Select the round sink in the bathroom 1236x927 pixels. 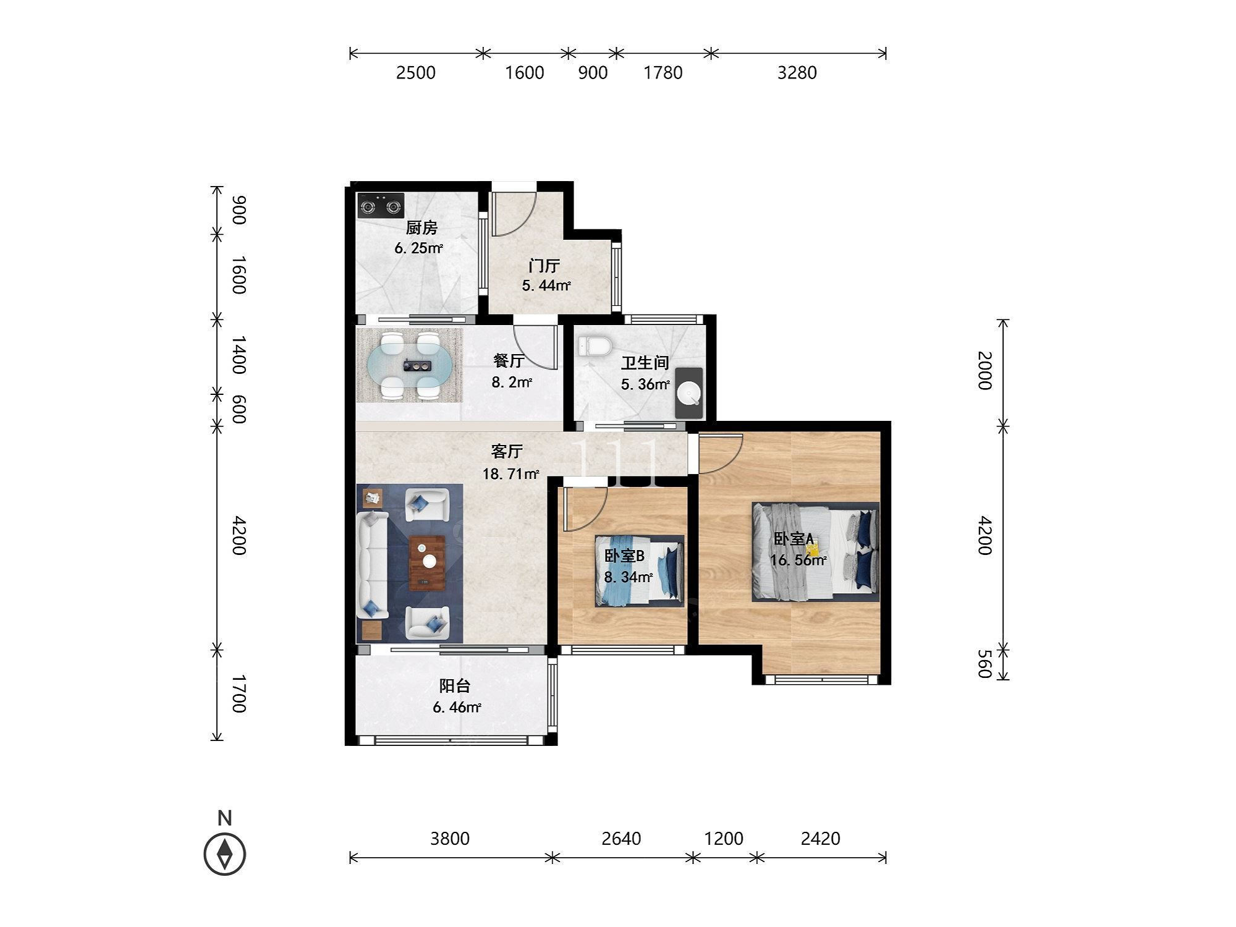(x=689, y=393)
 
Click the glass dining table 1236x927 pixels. (x=409, y=365)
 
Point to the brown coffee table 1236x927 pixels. (x=428, y=563)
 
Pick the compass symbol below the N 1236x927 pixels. (x=225, y=854)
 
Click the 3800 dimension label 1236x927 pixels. (x=450, y=839)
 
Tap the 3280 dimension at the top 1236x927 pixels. (x=797, y=73)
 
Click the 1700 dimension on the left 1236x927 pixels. (x=239, y=694)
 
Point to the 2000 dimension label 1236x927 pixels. (x=984, y=370)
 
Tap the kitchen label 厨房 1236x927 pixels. (x=421, y=228)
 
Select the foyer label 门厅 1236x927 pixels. (x=544, y=266)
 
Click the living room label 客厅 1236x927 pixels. (x=507, y=452)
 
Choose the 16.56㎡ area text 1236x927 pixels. (x=798, y=561)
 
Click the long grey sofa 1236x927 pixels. (x=372, y=565)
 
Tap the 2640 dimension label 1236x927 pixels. (x=621, y=839)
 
